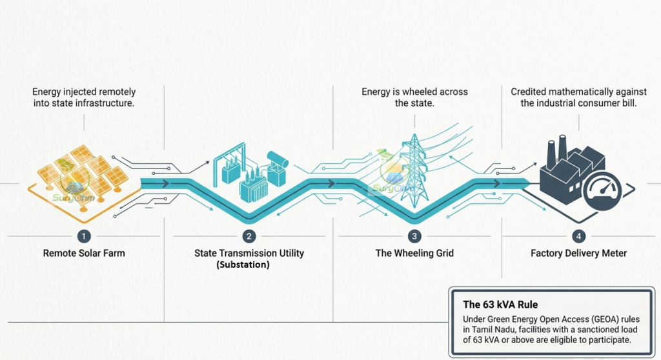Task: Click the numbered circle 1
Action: (x=84, y=236)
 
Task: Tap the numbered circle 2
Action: (x=249, y=236)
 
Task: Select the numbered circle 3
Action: (x=414, y=236)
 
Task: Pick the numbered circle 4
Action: (x=578, y=236)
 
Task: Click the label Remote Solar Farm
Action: (x=84, y=254)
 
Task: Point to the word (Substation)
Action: (x=243, y=265)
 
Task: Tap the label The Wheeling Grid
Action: (x=414, y=254)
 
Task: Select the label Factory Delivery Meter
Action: (x=578, y=254)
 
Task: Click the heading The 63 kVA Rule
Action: (x=500, y=305)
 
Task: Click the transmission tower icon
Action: (x=415, y=171)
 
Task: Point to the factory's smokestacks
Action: (x=556, y=150)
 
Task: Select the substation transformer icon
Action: (x=251, y=172)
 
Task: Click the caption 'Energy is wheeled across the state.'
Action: (x=414, y=97)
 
